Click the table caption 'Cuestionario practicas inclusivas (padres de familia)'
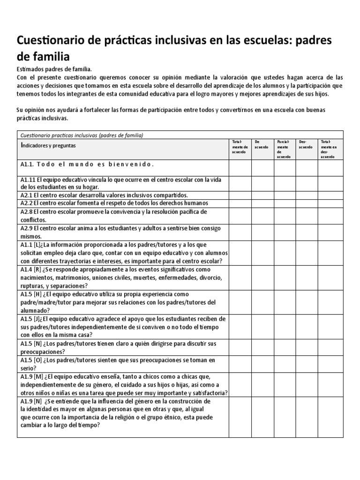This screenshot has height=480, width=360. coord(82,135)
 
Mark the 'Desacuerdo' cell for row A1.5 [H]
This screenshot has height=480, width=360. coord(307,302)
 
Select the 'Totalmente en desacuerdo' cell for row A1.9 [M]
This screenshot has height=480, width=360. coord(330,385)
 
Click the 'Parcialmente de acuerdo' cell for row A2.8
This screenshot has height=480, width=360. coord(285,215)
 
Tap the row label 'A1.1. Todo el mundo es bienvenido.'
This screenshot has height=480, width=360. coord(87,165)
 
